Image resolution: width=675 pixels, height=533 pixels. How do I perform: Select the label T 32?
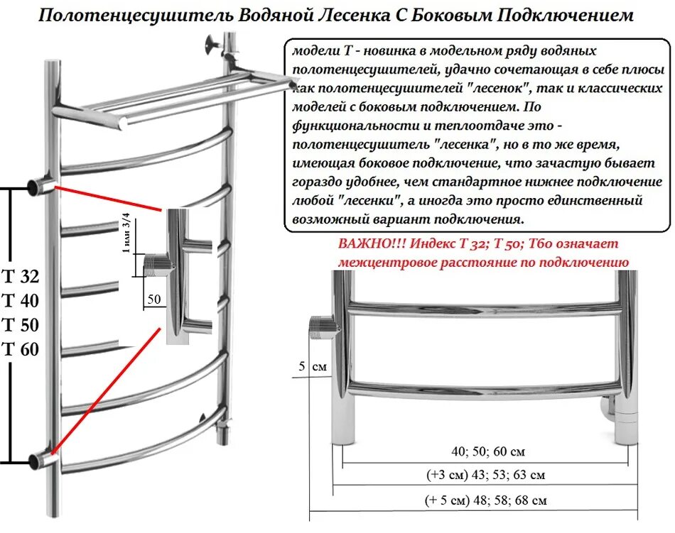[x=21, y=277]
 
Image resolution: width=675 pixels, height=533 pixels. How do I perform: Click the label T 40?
[x=21, y=301]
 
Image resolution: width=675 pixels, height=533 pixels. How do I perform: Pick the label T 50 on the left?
[x=21, y=325]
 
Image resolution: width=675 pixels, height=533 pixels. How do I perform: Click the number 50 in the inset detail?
[x=153, y=299]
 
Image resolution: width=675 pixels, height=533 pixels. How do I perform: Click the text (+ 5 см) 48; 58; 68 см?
[x=485, y=500]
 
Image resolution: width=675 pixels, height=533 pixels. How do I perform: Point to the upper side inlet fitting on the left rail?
[x=36, y=187]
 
